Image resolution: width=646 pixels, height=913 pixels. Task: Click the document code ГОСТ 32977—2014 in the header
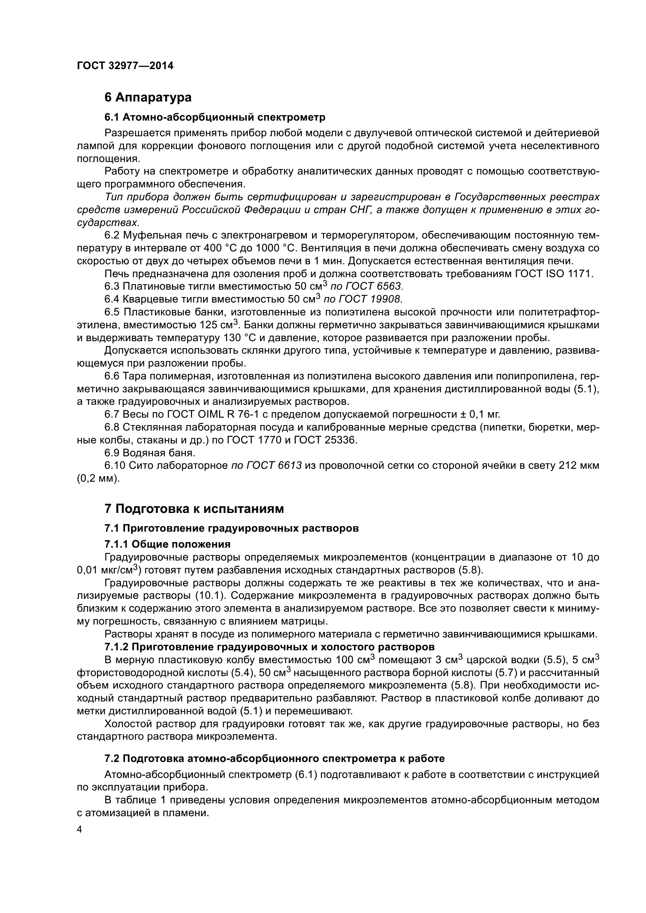coord(125,66)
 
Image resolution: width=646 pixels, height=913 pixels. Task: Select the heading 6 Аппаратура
coord(148,97)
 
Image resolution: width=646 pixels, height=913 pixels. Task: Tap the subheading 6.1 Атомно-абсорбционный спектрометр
coord(215,117)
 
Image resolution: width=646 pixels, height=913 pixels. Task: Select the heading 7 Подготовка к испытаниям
coord(195,509)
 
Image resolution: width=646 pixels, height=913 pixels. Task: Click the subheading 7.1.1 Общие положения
coord(168,544)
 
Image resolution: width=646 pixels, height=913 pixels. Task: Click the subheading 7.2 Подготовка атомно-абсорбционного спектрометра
coord(275,758)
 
